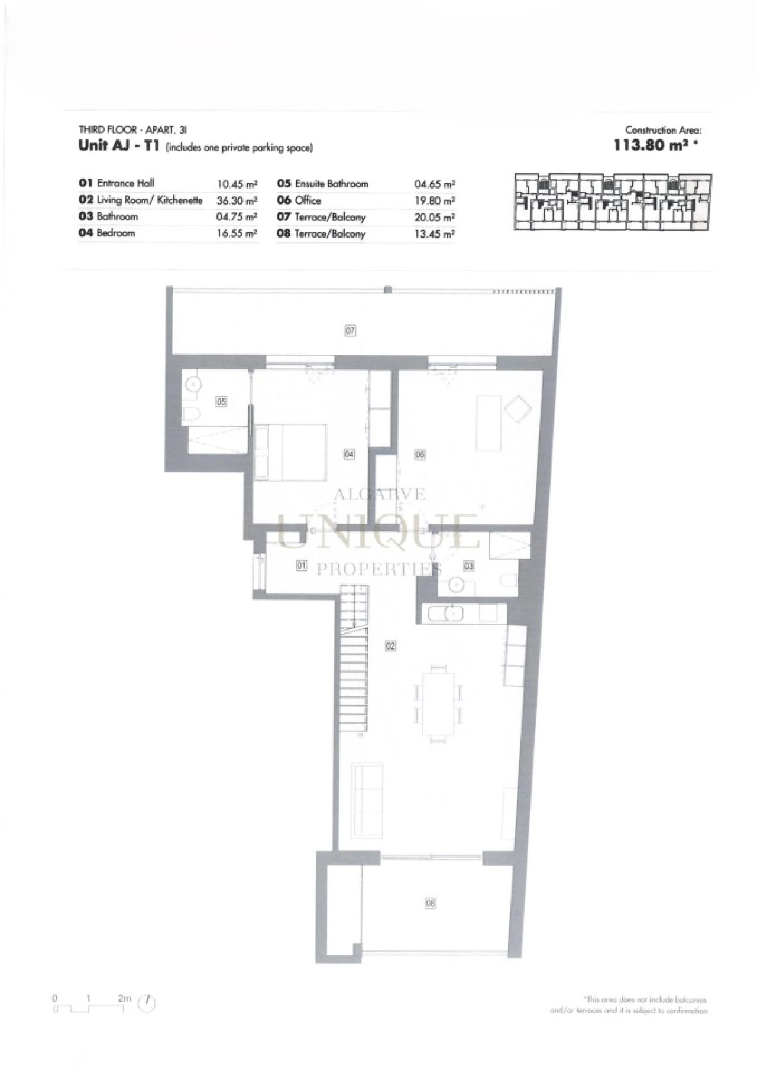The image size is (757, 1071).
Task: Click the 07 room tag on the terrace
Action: pyautogui.click(x=350, y=330)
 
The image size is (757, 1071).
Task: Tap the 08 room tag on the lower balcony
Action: pyautogui.click(x=431, y=903)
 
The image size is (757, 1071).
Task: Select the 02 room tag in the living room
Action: pyautogui.click(x=390, y=646)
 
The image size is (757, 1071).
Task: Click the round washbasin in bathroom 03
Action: pyautogui.click(x=456, y=585)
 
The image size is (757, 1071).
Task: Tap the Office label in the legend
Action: pyautogui.click(x=308, y=200)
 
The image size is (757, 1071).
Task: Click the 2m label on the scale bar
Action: pyautogui.click(x=124, y=998)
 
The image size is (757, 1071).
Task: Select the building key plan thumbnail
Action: pyautogui.click(x=613, y=202)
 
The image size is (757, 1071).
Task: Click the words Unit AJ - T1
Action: pyautogui.click(x=119, y=146)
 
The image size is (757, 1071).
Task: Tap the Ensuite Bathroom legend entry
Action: pyautogui.click(x=331, y=184)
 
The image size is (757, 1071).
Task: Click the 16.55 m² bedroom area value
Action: pyautogui.click(x=237, y=233)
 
